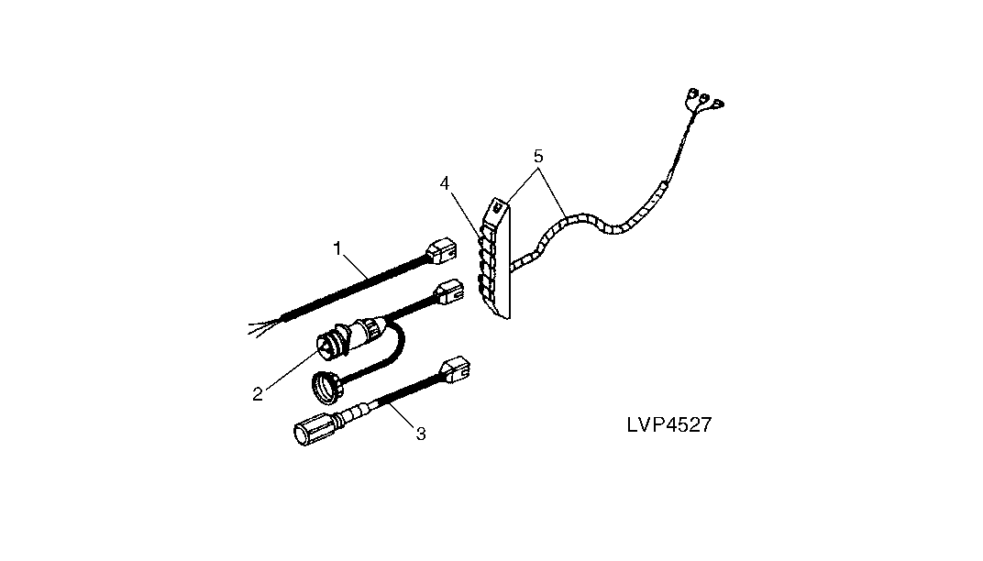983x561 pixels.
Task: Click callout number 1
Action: click(337, 248)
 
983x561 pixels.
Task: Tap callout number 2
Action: click(257, 394)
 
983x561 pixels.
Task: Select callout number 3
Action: click(421, 434)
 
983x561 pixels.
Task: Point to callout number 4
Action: click(445, 183)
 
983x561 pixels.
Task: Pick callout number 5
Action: click(538, 156)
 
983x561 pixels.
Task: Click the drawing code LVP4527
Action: click(668, 425)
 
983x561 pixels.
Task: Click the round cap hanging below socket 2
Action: click(326, 387)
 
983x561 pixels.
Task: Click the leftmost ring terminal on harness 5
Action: click(692, 93)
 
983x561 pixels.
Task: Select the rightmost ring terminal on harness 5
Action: click(716, 102)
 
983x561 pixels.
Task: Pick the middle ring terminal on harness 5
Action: click(704, 98)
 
